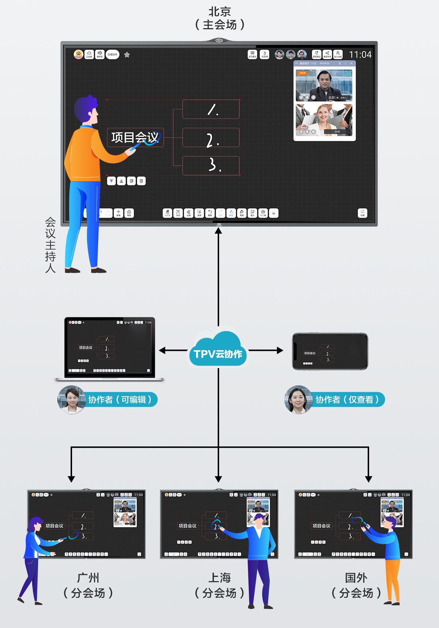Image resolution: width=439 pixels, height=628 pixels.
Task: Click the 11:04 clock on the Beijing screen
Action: click(x=360, y=55)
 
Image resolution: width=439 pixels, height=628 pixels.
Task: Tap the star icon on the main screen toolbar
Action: click(x=127, y=55)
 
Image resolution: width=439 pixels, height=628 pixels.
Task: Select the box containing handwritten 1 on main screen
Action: click(x=211, y=109)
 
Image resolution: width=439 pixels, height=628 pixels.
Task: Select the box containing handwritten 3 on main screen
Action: click(x=211, y=166)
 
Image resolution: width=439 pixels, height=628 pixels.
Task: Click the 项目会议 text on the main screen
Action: click(x=135, y=137)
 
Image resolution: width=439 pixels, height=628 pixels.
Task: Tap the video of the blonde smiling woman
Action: click(x=324, y=120)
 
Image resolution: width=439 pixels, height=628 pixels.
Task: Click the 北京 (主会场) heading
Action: click(x=219, y=18)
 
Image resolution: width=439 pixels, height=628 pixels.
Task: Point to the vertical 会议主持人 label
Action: click(x=50, y=245)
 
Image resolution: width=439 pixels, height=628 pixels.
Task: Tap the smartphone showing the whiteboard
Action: click(x=330, y=351)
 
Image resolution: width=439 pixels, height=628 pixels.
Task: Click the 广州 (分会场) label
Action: click(x=88, y=585)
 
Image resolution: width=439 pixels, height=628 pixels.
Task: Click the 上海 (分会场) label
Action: click(x=219, y=585)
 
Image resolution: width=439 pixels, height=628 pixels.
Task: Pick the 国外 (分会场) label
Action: click(x=356, y=585)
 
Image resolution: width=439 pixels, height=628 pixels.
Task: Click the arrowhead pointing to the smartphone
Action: click(x=280, y=350)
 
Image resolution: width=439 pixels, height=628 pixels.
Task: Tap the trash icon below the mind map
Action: click(x=141, y=181)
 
